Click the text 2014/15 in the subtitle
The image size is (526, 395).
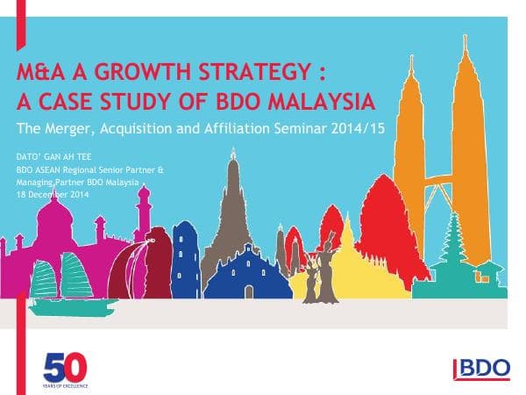(x=361, y=128)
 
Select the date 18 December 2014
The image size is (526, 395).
(x=53, y=193)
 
